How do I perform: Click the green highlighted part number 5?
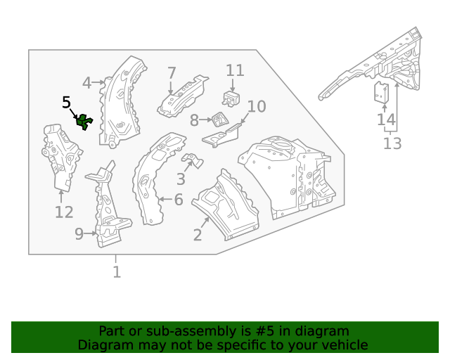(x=84, y=122)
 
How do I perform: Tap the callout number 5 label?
(x=67, y=103)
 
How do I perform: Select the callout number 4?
(x=86, y=83)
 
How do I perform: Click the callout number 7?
(x=172, y=72)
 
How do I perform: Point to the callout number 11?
(x=235, y=70)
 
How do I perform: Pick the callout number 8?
(x=195, y=121)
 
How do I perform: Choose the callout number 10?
(x=257, y=107)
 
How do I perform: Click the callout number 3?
(x=181, y=179)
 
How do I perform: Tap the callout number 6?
(x=179, y=200)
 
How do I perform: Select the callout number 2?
(x=198, y=235)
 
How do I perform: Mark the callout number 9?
(x=79, y=234)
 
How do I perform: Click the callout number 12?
(x=64, y=212)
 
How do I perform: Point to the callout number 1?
(x=117, y=271)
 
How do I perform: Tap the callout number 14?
(x=386, y=120)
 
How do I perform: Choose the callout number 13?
(x=392, y=144)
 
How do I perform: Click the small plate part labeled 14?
(x=382, y=92)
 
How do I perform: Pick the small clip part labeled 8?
(x=219, y=118)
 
